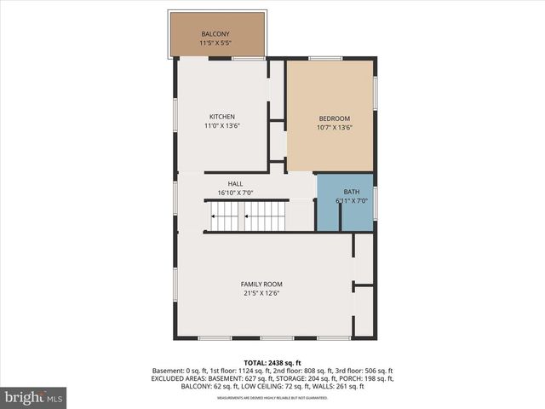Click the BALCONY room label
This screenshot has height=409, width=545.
(x=215, y=34)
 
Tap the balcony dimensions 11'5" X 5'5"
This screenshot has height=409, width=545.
(x=215, y=43)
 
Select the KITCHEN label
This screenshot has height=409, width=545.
(x=222, y=117)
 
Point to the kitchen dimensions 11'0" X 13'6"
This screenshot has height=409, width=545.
(x=222, y=125)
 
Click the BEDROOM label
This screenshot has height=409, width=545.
(x=334, y=118)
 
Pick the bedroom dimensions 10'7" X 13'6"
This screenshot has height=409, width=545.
(x=334, y=127)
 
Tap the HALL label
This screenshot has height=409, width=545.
(x=235, y=184)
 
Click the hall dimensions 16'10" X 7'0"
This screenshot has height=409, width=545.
(x=235, y=193)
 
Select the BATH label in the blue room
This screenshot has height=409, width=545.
(x=351, y=192)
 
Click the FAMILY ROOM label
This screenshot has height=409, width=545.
(x=261, y=284)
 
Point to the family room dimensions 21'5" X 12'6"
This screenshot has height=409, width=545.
(x=261, y=292)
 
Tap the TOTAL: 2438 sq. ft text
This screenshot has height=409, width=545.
(x=272, y=362)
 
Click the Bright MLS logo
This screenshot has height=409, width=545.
(x=34, y=397)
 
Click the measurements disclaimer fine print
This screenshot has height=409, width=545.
(x=272, y=397)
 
